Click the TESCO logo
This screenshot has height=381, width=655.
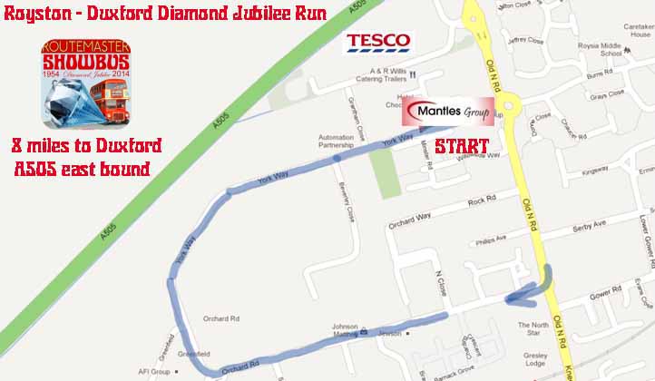(x=377, y=42)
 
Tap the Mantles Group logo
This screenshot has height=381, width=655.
(x=449, y=112)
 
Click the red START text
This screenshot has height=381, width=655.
(x=461, y=146)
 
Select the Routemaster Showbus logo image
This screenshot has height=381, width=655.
(x=88, y=83)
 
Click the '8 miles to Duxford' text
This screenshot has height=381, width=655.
(x=87, y=145)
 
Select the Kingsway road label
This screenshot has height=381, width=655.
(x=595, y=169)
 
